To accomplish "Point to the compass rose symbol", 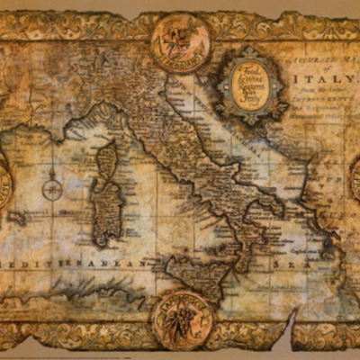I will coord(52,189).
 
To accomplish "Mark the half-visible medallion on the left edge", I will coord(4,180).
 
